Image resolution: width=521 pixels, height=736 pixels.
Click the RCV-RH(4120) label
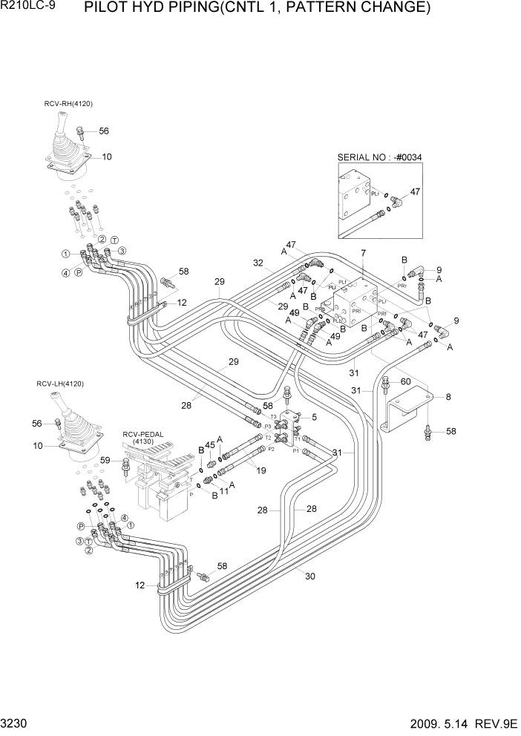point(68,104)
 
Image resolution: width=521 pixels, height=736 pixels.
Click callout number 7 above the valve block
point(363,254)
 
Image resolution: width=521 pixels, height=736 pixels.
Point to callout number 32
point(257,263)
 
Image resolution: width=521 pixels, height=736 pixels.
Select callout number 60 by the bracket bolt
point(406,381)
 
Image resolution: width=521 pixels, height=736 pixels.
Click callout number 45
point(210,445)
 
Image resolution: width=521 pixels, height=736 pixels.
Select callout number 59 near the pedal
point(106,461)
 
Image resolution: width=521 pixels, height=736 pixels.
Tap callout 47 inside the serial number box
point(415,191)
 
